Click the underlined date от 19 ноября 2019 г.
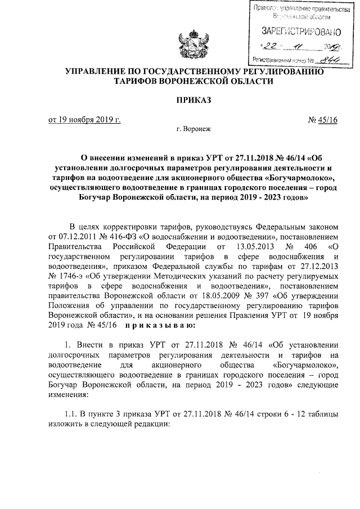click(x=85, y=119)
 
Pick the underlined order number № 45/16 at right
click(x=323, y=119)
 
